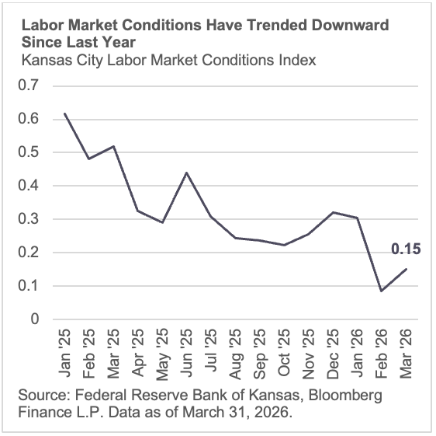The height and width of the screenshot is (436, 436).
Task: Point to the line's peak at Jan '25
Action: (64, 113)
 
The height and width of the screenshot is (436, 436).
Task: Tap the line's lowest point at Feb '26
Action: (380, 291)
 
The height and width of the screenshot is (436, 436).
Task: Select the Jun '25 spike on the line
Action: (186, 173)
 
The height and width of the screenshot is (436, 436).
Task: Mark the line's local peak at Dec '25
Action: (332, 212)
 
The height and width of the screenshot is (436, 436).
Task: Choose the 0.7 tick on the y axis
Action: (29, 85)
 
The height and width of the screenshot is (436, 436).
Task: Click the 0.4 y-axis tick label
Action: (29, 186)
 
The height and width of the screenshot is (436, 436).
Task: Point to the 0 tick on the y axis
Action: (35, 319)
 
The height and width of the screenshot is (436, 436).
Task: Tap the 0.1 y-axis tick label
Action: (29, 286)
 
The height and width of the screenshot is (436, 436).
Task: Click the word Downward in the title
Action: (348, 25)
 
